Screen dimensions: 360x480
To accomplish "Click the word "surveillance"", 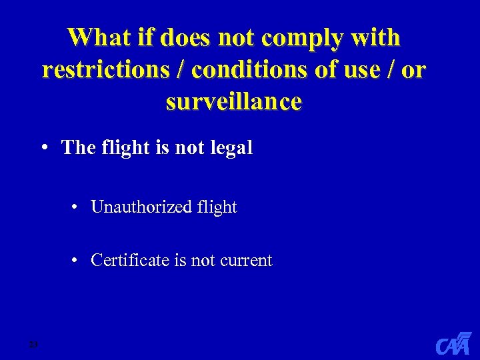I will [233, 102].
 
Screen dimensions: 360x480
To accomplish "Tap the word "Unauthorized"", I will [141, 207].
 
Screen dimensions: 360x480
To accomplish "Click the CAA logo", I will [453, 343].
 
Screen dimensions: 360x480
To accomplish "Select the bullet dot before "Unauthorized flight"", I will [77, 207].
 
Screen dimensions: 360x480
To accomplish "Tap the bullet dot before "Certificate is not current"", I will [77, 260].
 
